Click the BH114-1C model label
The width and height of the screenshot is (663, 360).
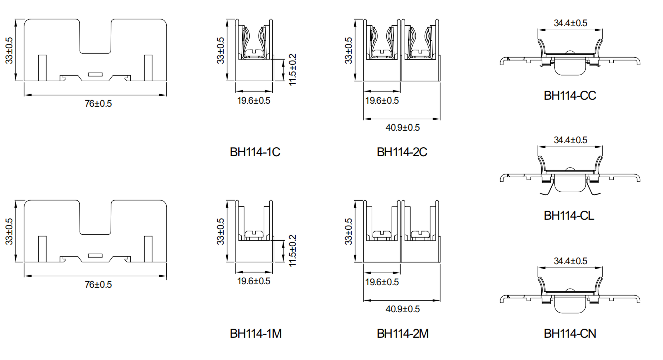[x=255, y=152]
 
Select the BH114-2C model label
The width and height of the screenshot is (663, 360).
[x=402, y=152]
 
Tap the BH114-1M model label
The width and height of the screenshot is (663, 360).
[x=255, y=334]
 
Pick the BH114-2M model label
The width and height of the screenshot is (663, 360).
[x=403, y=334]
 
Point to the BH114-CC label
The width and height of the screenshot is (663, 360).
[x=570, y=96]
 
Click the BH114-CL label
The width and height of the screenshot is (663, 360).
[x=569, y=216]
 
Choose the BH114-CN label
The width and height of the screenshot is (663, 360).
[x=570, y=334]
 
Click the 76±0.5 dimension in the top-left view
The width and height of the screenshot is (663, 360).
[x=98, y=104]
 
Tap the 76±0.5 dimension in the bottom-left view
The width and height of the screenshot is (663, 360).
[x=98, y=285]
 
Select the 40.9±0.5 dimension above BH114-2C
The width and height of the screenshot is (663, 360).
[x=403, y=127]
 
